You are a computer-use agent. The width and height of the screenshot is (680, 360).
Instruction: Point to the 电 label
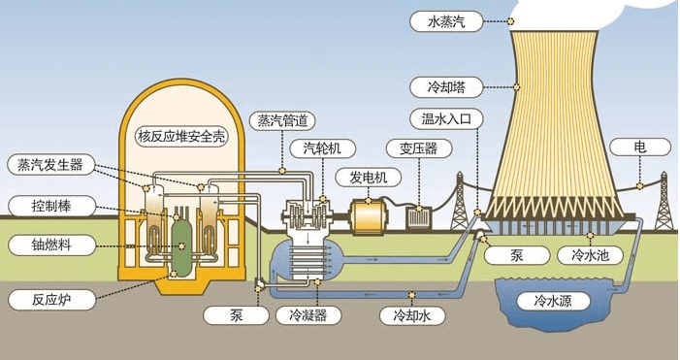(x=640, y=148)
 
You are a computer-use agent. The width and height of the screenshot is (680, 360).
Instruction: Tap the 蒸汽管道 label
(x=281, y=121)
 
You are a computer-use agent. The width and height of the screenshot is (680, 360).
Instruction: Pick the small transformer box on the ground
(x=419, y=217)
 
